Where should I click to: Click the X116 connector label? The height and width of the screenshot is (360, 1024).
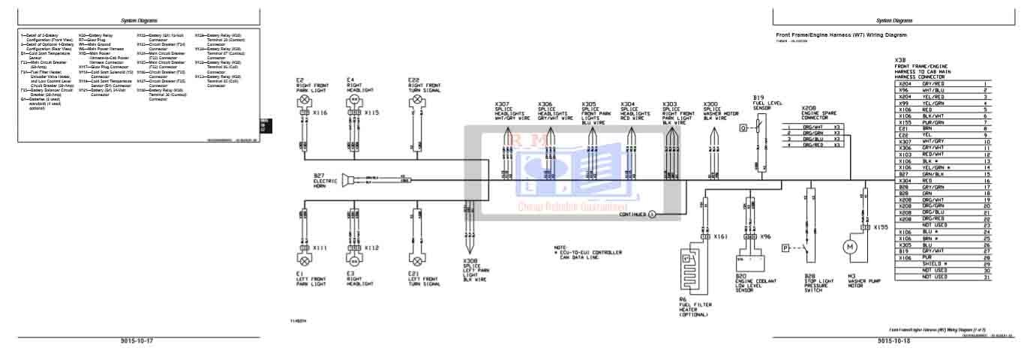(x=320, y=112)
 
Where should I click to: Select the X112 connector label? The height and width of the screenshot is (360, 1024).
(x=371, y=247)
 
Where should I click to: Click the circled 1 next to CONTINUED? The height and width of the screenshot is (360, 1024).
(x=652, y=214)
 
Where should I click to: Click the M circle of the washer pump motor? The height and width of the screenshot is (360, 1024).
(x=851, y=246)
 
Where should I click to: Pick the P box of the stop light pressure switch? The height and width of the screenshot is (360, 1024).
(x=785, y=247)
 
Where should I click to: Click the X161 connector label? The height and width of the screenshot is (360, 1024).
(x=721, y=235)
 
